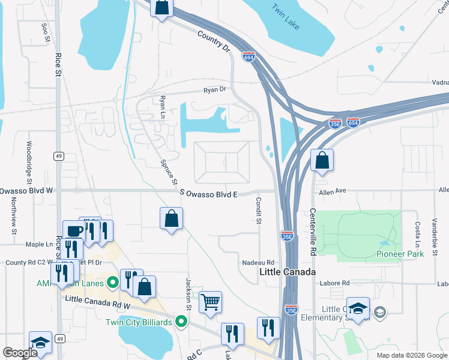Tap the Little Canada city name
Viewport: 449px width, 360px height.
coord(288,272)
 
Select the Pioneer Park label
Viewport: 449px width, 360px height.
coord(400,254)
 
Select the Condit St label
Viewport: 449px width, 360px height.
coord(259,212)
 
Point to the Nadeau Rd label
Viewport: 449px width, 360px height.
coord(258,263)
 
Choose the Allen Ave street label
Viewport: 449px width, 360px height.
coord(334,190)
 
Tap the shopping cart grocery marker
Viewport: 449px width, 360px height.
coord(211,302)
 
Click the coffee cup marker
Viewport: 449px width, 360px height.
coord(75,231)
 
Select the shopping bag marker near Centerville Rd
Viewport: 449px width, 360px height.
coord(322,160)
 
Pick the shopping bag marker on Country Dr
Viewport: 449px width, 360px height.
coord(162,7)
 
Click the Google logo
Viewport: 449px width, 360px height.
coord(20,353)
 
